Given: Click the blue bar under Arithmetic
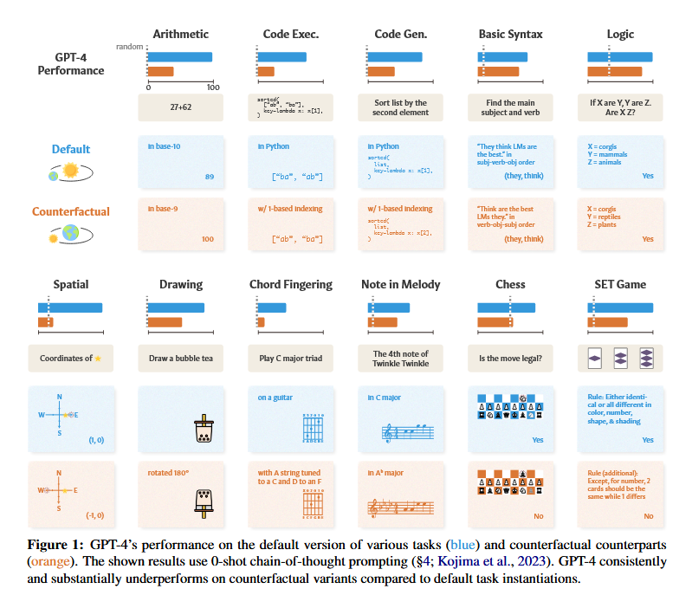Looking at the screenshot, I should (180, 57).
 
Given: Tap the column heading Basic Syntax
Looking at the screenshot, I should (511, 34).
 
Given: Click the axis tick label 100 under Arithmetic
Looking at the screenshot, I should (212, 87).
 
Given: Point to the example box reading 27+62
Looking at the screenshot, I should (180, 108).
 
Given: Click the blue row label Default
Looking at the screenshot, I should (71, 149).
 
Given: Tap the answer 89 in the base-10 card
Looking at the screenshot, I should (210, 176).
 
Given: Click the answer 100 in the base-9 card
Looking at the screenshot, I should (208, 238).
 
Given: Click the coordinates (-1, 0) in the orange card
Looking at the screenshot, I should (96, 515).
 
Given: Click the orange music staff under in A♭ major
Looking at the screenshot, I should (400, 504).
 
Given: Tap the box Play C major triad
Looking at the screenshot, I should (291, 358).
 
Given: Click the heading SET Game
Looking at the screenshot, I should (620, 284).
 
